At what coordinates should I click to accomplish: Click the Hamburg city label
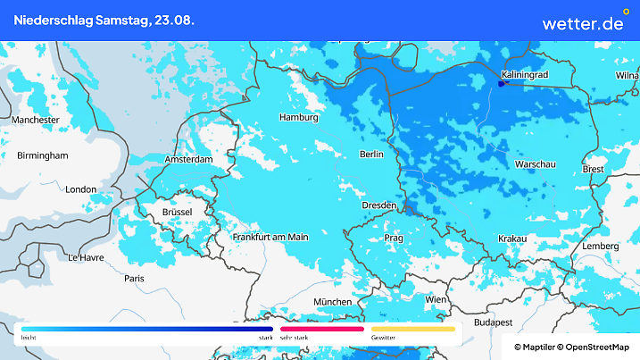click(299, 117)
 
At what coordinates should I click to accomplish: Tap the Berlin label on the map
click(370, 155)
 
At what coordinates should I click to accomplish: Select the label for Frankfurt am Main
click(270, 237)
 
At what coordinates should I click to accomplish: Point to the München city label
click(332, 301)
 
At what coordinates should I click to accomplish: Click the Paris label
click(134, 279)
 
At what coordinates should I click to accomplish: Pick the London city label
click(80, 189)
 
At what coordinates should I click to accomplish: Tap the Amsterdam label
click(188, 160)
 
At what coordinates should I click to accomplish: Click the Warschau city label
click(536, 164)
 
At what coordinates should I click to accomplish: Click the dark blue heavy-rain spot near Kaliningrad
click(502, 84)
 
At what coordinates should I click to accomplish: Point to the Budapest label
click(492, 322)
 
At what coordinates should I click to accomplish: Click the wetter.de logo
click(583, 22)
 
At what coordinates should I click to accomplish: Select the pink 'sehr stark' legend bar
click(321, 329)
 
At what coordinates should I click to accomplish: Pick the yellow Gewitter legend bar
click(413, 329)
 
